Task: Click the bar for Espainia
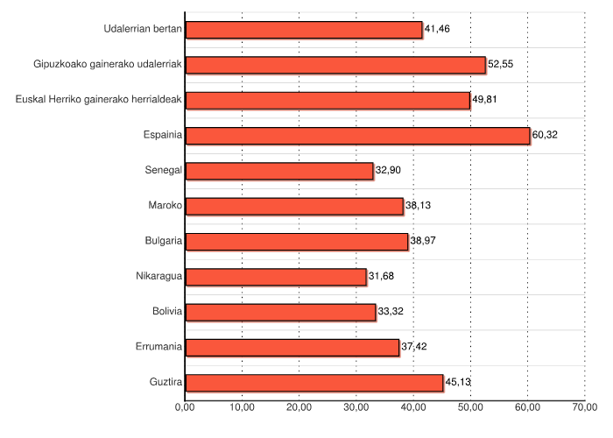tap(357, 135)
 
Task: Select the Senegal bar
tap(279, 170)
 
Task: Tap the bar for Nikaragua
tap(276, 277)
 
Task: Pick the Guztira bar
tap(314, 383)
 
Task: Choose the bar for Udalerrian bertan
tap(304, 30)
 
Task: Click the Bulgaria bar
tap(297, 241)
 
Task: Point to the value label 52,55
tap(500, 65)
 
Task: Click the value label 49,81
tap(484, 100)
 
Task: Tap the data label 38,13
tap(418, 206)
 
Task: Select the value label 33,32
tap(391, 312)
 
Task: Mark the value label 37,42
tap(413, 348)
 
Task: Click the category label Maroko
tap(166, 206)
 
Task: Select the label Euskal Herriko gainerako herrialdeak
tap(99, 100)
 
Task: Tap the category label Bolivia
tap(166, 312)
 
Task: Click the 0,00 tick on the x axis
tap(185, 407)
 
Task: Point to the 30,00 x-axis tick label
tap(356, 407)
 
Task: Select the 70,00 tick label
tap(585, 407)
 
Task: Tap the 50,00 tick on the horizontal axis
tap(470, 407)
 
